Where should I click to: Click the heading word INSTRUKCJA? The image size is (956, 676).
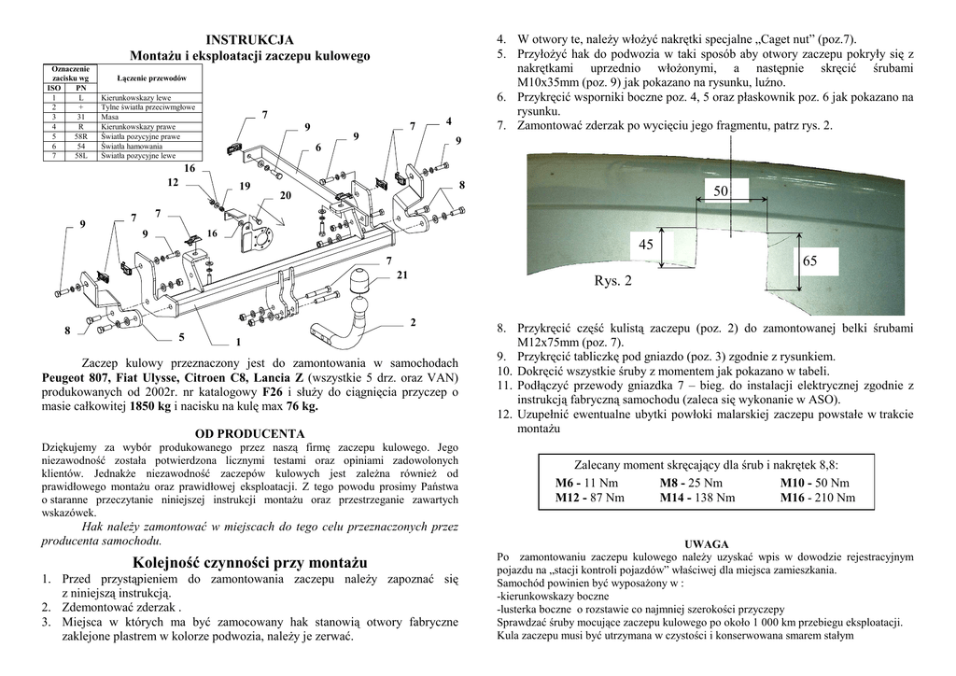point(249,39)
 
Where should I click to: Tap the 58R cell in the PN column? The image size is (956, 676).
point(81,136)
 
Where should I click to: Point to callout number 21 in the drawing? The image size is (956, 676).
point(401,276)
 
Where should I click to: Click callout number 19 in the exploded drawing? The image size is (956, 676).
point(245,186)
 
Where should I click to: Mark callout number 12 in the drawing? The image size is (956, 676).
point(173,182)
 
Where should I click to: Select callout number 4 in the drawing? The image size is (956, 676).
point(448,122)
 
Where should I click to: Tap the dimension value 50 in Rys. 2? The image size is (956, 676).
point(721,190)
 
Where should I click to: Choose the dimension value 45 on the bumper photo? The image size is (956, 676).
point(646,245)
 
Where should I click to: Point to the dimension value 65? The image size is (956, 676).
point(809,261)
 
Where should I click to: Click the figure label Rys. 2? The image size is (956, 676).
point(612,281)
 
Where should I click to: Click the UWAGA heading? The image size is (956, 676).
point(706,544)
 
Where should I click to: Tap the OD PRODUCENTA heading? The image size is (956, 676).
point(249,433)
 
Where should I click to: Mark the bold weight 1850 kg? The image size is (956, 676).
point(151,406)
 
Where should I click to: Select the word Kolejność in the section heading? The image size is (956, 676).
point(168,562)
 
